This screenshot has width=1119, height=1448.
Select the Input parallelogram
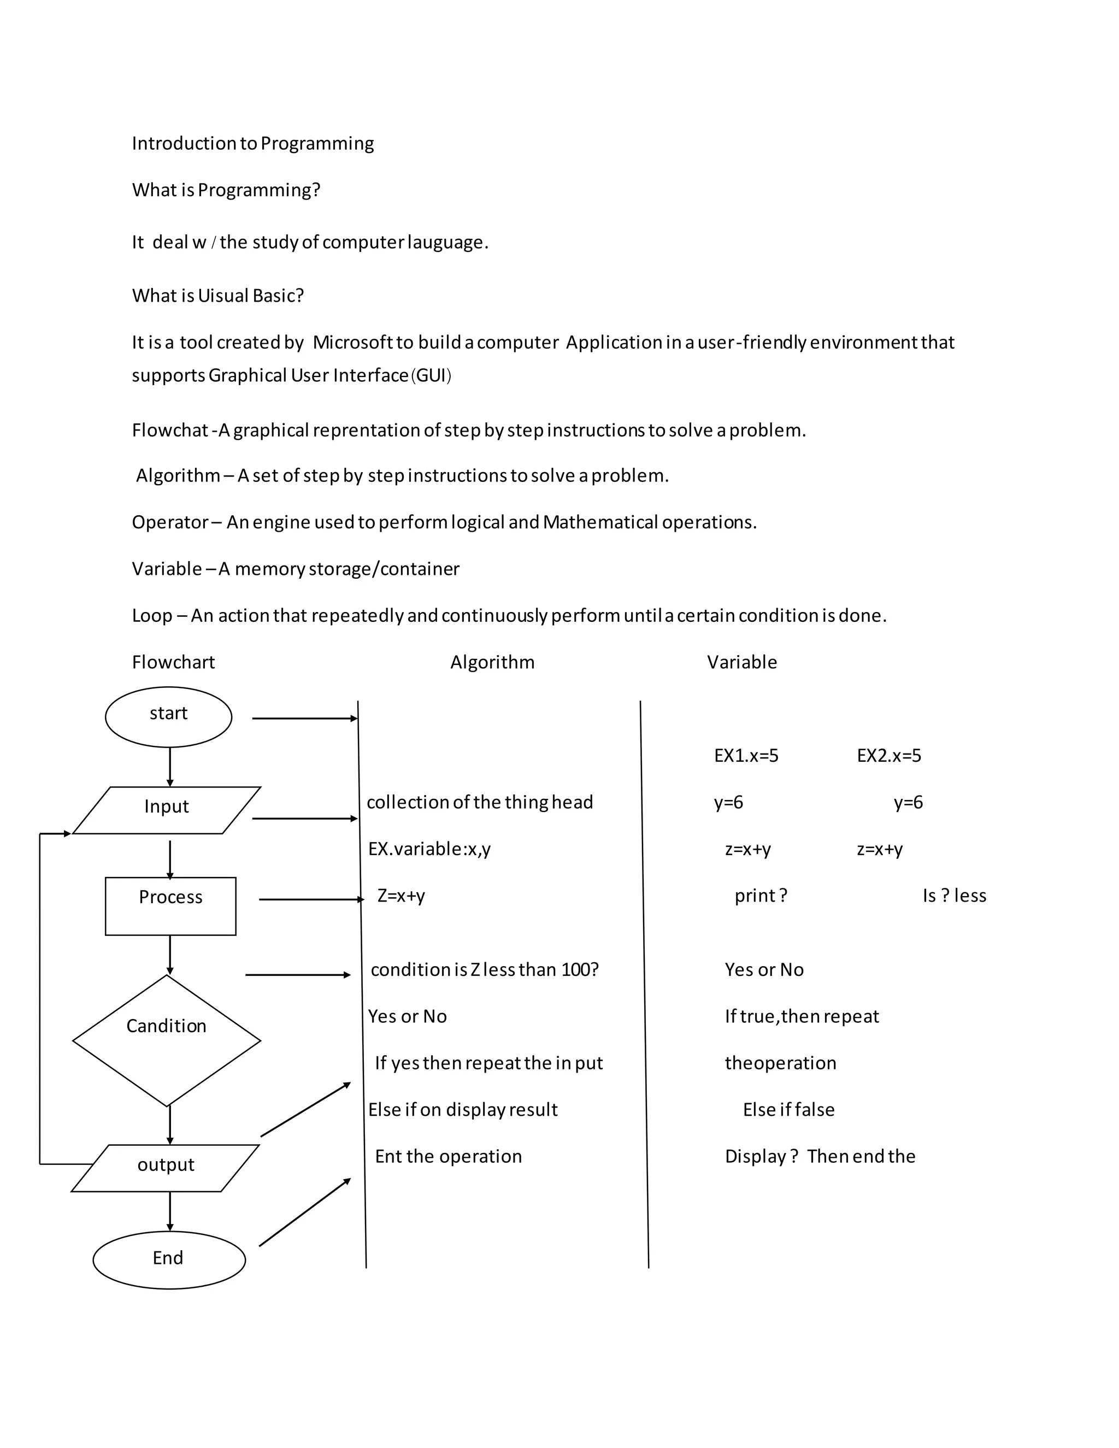click(167, 810)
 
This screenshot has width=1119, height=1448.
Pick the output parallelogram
click(165, 1168)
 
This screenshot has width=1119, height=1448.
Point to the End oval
click(168, 1259)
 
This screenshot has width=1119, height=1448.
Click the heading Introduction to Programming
click(252, 144)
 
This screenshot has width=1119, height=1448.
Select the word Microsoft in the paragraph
click(352, 343)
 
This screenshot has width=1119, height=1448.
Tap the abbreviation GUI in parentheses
click(431, 376)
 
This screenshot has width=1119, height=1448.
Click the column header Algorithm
click(492, 662)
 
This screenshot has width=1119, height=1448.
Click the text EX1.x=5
click(746, 756)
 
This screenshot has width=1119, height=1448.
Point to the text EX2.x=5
click(888, 756)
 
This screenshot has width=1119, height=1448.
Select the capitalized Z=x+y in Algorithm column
click(401, 896)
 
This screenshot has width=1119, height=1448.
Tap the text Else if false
click(788, 1110)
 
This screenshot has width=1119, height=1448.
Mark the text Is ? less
click(954, 896)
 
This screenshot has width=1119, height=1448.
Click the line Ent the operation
click(448, 1156)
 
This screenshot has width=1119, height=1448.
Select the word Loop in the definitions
click(152, 616)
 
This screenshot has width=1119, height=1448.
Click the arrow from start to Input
click(170, 767)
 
